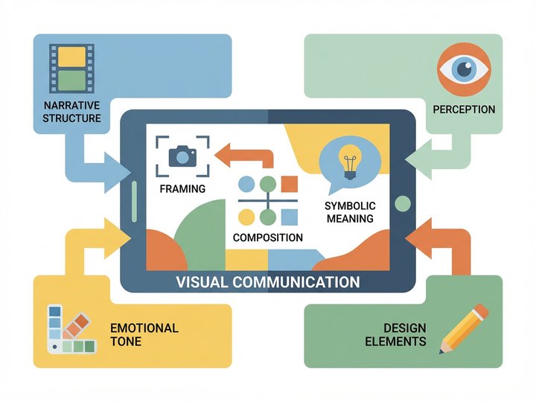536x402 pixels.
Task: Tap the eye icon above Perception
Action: click(x=465, y=69)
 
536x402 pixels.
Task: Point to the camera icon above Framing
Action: click(x=182, y=155)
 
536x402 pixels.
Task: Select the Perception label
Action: click(x=464, y=109)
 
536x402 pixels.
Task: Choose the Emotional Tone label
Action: click(x=144, y=334)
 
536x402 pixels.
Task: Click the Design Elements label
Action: click(x=405, y=334)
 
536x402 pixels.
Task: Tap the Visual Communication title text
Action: click(x=268, y=282)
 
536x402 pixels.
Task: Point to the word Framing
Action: click(x=182, y=189)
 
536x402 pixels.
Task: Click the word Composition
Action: click(x=268, y=237)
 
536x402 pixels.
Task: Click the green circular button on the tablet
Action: click(x=403, y=202)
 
